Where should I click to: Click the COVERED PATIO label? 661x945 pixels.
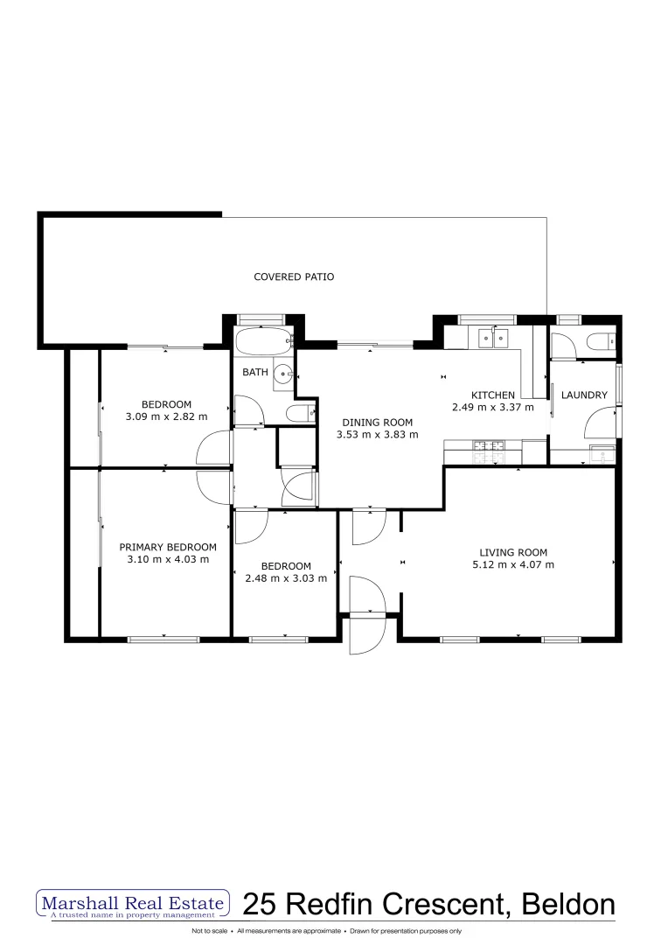click(x=294, y=276)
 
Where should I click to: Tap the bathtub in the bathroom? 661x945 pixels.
click(x=264, y=342)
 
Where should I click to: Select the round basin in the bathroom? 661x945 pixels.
click(x=282, y=374)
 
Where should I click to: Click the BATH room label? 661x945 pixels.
click(x=255, y=372)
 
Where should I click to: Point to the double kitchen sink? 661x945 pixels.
click(x=494, y=338)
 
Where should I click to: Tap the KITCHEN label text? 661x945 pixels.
click(x=492, y=395)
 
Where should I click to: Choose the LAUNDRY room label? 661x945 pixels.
click(x=584, y=395)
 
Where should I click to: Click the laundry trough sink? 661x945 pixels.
click(x=602, y=454)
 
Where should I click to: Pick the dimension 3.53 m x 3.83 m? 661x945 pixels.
click(x=378, y=435)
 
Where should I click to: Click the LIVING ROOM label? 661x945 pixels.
click(x=513, y=552)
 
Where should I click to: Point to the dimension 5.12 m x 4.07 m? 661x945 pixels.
click(x=513, y=564)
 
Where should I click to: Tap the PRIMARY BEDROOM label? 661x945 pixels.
click(x=168, y=547)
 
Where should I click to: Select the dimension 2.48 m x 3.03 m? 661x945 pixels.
click(x=286, y=578)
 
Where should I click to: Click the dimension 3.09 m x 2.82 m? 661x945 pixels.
click(x=167, y=416)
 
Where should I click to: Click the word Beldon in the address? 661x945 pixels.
click(x=568, y=905)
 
